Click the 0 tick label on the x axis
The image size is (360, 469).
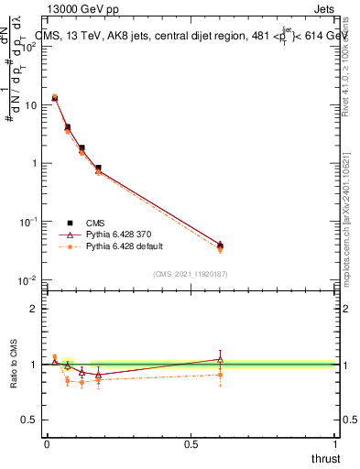[47, 443]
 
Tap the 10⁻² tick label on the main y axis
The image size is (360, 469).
[28, 279]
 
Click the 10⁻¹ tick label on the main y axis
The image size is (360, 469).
[28, 222]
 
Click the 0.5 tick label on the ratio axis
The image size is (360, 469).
[30, 420]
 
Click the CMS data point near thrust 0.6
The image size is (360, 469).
[220, 245]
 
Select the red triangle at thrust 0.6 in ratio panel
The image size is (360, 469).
[220, 358]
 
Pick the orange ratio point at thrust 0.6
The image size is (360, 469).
[220, 374]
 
